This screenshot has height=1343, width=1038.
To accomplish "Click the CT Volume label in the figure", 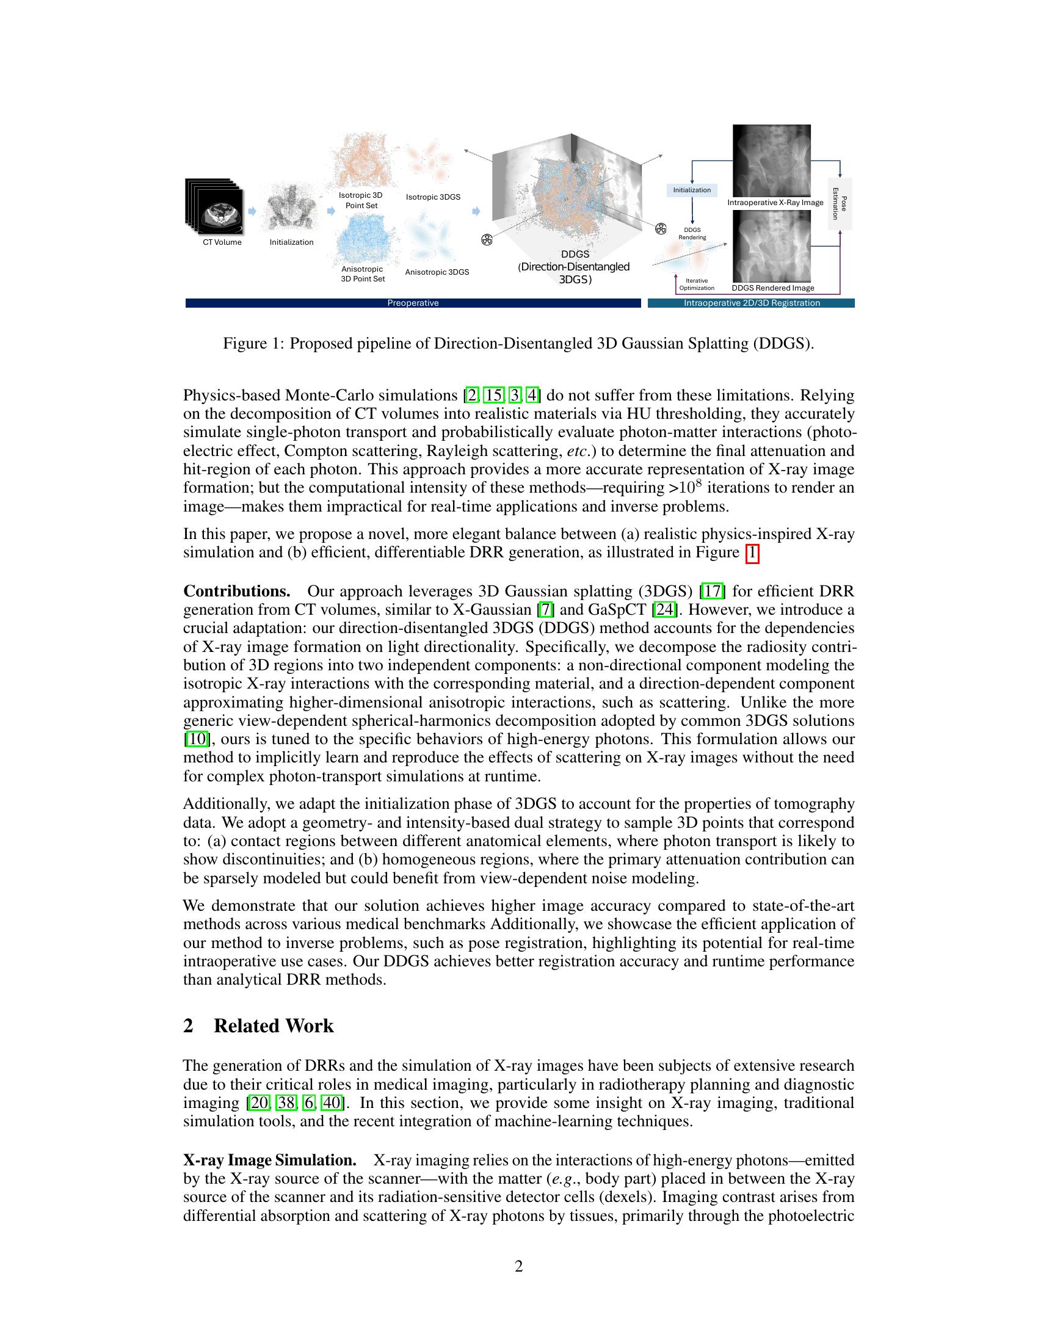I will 222,242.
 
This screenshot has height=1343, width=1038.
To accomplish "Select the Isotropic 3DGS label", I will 433,197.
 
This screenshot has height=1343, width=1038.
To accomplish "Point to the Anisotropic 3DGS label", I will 437,272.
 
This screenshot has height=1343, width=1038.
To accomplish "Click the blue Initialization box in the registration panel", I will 692,190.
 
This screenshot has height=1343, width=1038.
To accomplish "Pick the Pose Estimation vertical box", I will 840,203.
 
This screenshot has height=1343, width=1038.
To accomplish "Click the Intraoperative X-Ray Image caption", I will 775,202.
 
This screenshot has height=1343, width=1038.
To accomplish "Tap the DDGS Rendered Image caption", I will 772,288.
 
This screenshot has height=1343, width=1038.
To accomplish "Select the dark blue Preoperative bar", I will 413,303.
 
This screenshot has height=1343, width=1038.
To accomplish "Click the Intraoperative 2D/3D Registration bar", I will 752,303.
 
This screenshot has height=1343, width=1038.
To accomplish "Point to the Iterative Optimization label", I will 696,284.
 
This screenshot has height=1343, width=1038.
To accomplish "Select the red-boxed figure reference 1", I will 752,553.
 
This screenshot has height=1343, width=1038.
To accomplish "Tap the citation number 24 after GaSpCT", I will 664,610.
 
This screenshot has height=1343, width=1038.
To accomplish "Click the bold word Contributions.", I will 237,592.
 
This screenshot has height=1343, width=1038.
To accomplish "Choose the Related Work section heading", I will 273,1026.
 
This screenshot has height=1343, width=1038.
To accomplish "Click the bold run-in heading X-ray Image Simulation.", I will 270,1160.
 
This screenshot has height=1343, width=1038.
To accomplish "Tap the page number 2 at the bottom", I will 518,1266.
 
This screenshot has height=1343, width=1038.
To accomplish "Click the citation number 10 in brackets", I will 196,739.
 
